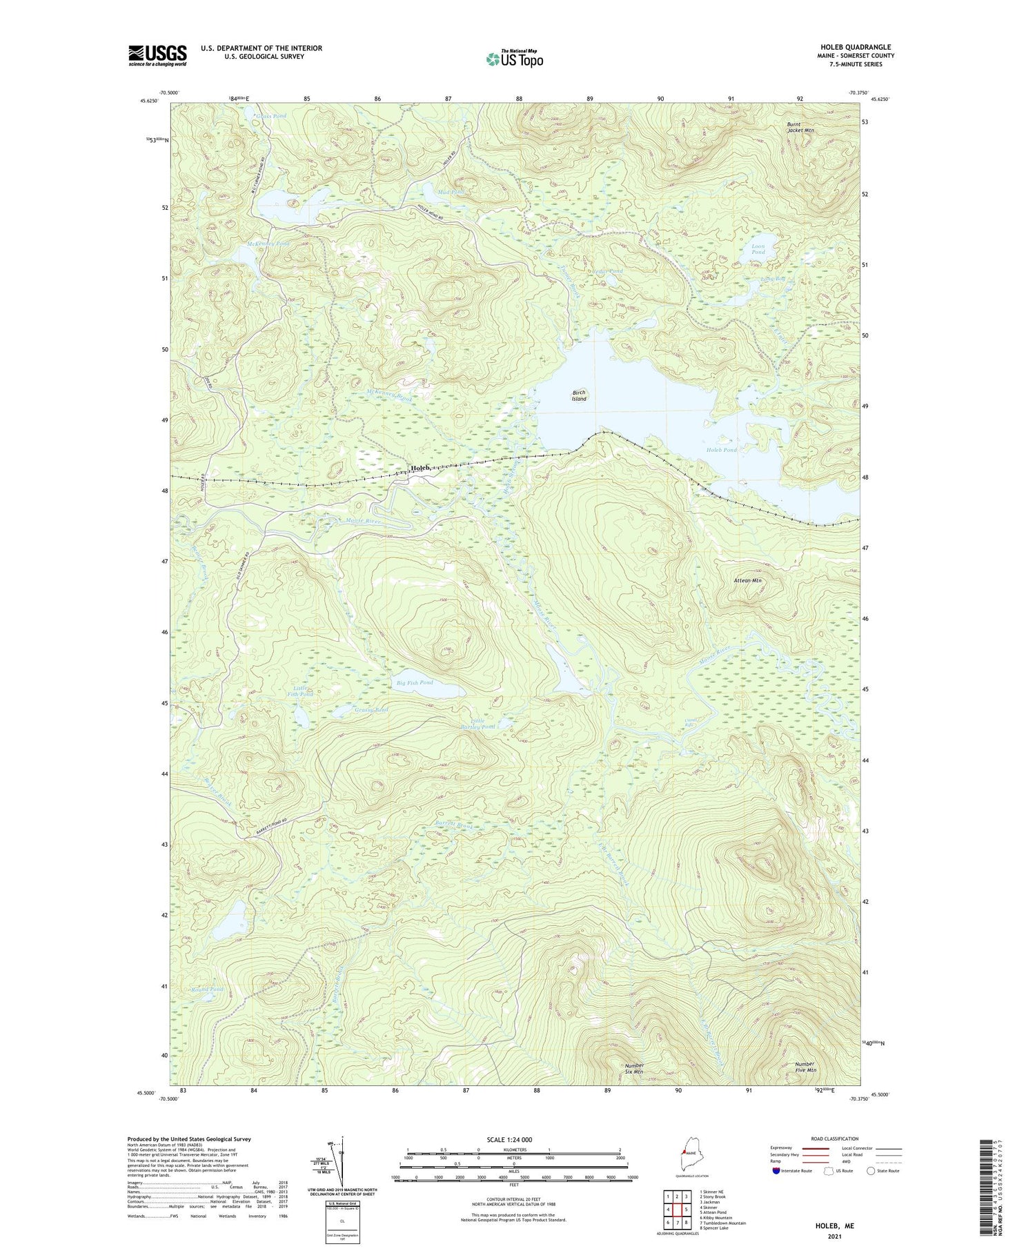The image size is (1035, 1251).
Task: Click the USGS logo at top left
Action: tap(157, 55)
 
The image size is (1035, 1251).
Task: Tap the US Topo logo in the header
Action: tap(514, 59)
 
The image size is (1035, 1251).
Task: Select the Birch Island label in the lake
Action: tap(579, 395)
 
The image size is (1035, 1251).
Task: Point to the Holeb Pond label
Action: tap(722, 450)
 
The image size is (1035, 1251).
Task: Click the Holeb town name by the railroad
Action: tap(420, 468)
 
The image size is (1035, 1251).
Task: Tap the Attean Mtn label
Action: tap(747, 581)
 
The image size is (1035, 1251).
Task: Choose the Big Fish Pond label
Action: tap(415, 682)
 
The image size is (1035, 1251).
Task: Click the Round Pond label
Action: tap(208, 989)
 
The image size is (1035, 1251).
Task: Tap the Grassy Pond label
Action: tap(371, 709)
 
